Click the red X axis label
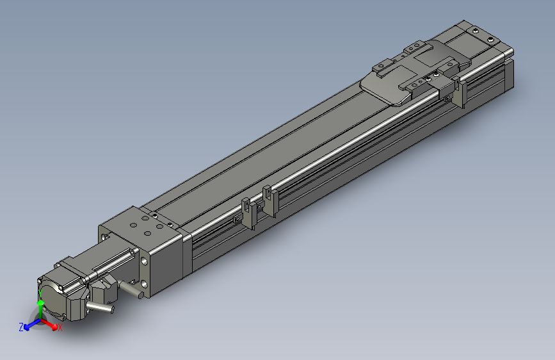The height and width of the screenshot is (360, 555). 60,328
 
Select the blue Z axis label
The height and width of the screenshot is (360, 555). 21,327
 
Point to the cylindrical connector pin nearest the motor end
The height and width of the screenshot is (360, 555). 99,308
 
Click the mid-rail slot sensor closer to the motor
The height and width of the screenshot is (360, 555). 247,212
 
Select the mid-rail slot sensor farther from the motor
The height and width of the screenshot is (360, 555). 268,200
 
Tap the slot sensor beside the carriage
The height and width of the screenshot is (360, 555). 459,93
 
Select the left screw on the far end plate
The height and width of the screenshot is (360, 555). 475,30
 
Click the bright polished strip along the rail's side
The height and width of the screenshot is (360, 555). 320,160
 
